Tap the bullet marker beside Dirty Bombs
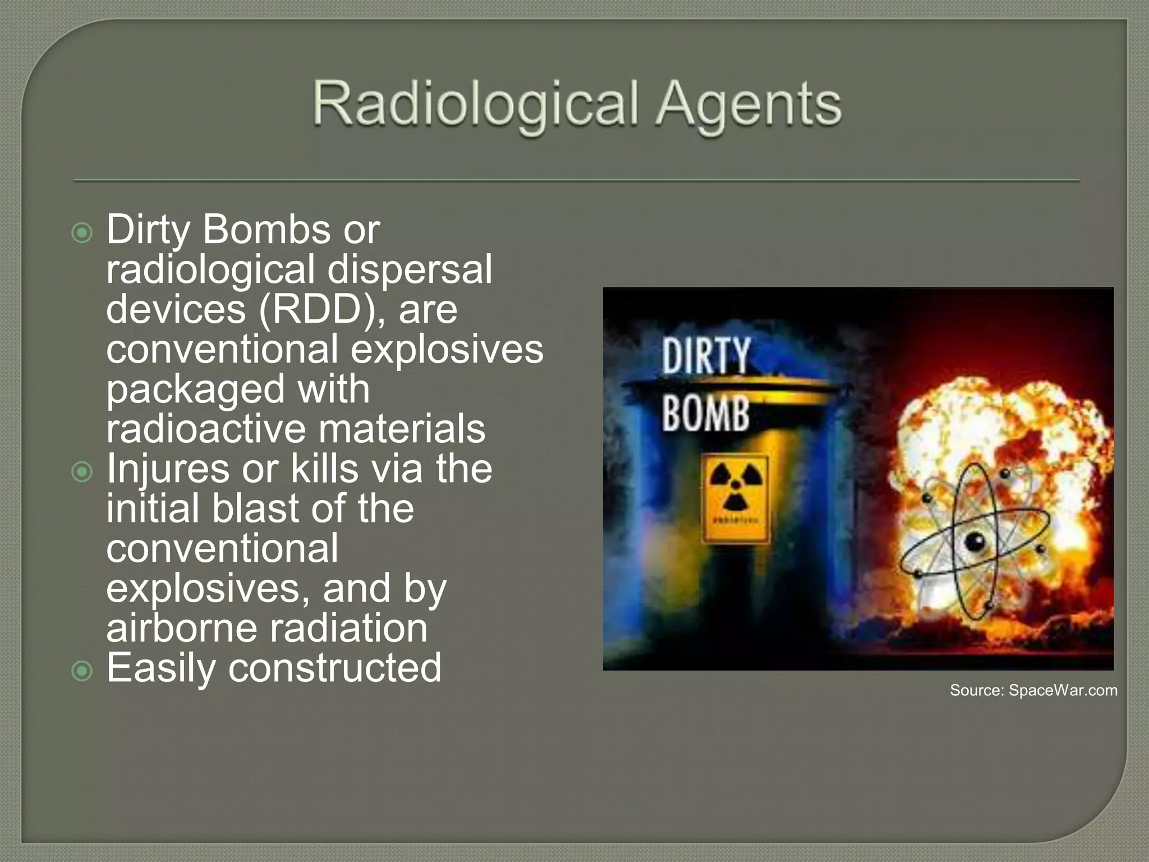point(82,232)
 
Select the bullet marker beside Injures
point(82,472)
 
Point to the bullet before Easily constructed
point(82,671)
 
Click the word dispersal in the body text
point(410,269)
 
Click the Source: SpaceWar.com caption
point(1033,690)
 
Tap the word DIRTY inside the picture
point(706,356)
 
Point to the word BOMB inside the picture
point(706,414)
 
